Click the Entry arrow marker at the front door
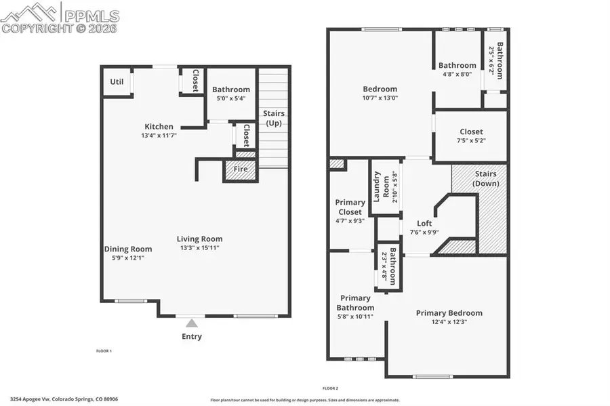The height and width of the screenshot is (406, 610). pos(192,323)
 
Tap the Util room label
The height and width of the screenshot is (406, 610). pos(117,82)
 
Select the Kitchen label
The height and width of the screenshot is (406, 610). pos(159,126)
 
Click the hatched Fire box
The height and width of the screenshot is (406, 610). pos(241,169)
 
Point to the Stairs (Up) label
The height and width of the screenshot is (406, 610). pos(273,117)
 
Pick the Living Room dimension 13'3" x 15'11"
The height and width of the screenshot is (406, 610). pos(199,248)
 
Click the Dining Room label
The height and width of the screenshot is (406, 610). pos(127,249)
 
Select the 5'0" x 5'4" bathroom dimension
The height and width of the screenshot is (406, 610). pos(231,98)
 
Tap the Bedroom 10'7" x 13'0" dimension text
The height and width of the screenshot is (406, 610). pos(380,98)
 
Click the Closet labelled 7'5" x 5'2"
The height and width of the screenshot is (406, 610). pos(471,140)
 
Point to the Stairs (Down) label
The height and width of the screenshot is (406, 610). pos(485,178)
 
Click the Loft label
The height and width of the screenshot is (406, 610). pos(424,223)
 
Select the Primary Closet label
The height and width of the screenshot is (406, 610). pos(350,207)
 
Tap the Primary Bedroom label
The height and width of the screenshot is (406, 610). pos(449,312)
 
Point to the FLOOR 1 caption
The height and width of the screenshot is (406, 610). pos(104,351)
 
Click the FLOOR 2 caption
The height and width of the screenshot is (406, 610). pos(330,388)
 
